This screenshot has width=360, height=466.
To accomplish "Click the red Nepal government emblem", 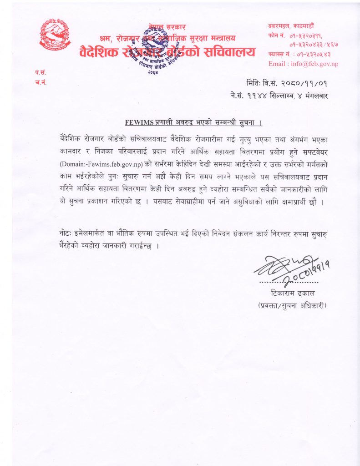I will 55,35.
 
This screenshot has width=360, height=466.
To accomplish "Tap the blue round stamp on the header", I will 156,48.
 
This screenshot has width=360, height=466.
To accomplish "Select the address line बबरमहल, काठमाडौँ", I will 291,27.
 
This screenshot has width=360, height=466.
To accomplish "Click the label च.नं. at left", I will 40,82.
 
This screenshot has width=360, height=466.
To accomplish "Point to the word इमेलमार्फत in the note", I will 92,233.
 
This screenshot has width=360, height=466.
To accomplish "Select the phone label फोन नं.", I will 276,35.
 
